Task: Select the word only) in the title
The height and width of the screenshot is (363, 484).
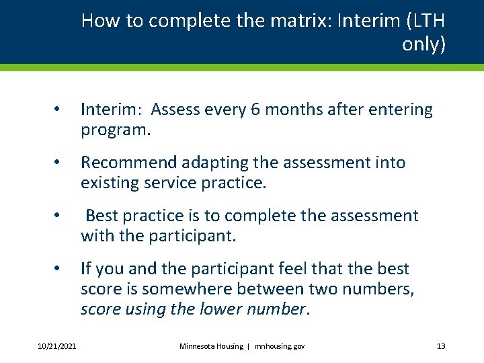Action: coord(424,44)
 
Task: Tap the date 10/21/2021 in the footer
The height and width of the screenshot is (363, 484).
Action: coord(57,346)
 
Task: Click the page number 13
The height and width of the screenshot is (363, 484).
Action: coord(441,346)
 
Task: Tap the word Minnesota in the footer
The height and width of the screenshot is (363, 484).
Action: coord(198,346)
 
